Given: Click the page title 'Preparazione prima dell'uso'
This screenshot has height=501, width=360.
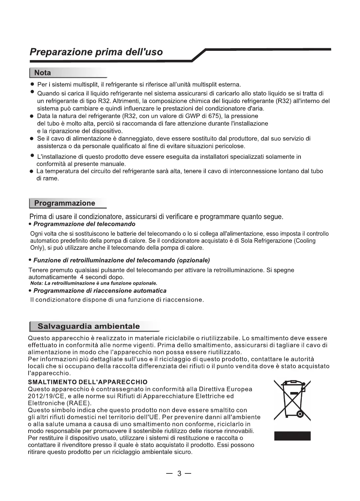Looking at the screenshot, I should click(x=96, y=52).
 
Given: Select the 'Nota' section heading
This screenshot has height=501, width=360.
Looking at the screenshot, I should click(x=43, y=73).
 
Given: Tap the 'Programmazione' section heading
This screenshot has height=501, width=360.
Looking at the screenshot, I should click(x=65, y=203).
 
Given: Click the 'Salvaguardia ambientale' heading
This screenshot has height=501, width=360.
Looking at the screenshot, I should click(x=89, y=326).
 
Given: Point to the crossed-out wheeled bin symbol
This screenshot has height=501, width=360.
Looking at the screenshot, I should click(x=293, y=400).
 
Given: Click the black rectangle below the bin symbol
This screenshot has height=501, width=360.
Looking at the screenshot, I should click(x=293, y=436).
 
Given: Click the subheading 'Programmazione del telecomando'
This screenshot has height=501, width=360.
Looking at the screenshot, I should click(x=84, y=224).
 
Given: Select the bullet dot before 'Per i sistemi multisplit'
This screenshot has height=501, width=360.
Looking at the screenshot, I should click(x=31, y=83).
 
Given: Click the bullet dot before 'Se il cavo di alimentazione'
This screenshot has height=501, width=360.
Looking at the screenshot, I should click(x=31, y=139).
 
